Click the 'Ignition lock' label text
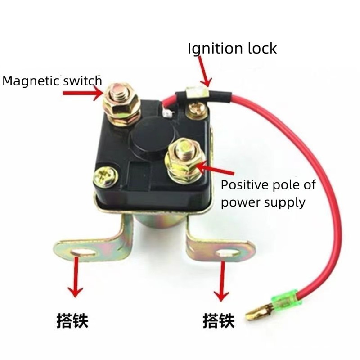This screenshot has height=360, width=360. point(232,48)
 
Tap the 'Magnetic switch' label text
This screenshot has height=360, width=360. point(52,81)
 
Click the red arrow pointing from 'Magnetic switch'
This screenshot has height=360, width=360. point(83,93)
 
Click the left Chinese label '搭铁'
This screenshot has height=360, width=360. point(72,321)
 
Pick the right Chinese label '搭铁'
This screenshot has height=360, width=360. point(219,321)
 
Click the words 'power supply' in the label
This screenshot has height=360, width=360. point(263,202)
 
